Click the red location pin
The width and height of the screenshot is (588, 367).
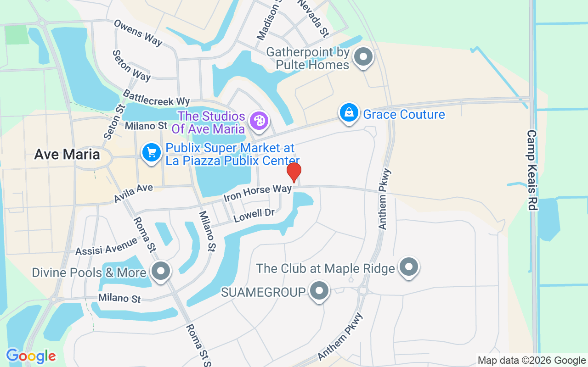click(294, 172)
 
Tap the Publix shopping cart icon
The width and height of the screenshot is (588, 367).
click(151, 152)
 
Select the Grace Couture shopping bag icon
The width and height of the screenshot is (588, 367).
click(349, 112)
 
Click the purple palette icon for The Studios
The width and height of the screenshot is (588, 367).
click(259, 121)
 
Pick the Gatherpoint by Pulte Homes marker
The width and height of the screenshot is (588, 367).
click(364, 58)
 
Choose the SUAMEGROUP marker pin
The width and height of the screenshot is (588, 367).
click(319, 291)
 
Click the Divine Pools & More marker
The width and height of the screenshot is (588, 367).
click(161, 271)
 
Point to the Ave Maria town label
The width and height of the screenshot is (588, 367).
click(67, 154)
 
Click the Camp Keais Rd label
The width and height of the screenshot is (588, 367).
click(532, 170)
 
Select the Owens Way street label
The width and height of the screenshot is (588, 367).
click(138, 32)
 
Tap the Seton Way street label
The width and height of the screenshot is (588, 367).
click(131, 66)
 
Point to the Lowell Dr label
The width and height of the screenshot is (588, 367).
click(254, 215)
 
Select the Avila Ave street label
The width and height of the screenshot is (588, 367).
click(133, 193)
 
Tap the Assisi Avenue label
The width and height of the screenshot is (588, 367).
click(106, 245)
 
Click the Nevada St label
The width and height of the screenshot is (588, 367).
click(313, 18)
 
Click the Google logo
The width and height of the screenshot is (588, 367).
click(31, 356)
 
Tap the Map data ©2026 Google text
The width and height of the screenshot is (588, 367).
click(531, 361)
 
